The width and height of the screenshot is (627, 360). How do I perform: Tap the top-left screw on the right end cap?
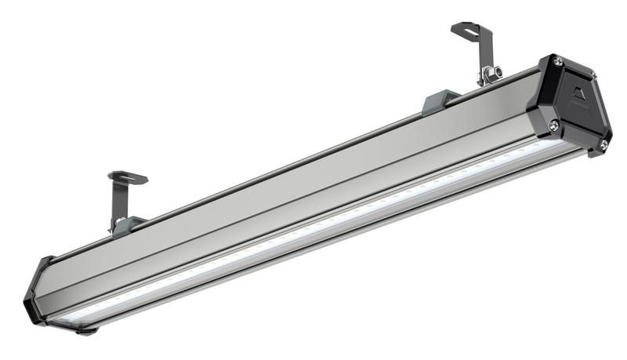pyautogui.click(x=557, y=60)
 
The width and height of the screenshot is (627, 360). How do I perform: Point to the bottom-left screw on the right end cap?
pyautogui.click(x=553, y=125)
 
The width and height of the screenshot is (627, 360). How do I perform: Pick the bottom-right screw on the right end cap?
pyautogui.click(x=603, y=144)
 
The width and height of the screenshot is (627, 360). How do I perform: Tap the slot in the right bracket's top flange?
pyautogui.click(x=468, y=29)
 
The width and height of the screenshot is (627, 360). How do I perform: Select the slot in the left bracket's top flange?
pyautogui.click(x=127, y=177)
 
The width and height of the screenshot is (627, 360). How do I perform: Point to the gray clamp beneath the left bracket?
pyautogui.click(x=128, y=226)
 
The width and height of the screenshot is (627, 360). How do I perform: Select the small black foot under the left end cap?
pyautogui.click(x=87, y=331)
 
